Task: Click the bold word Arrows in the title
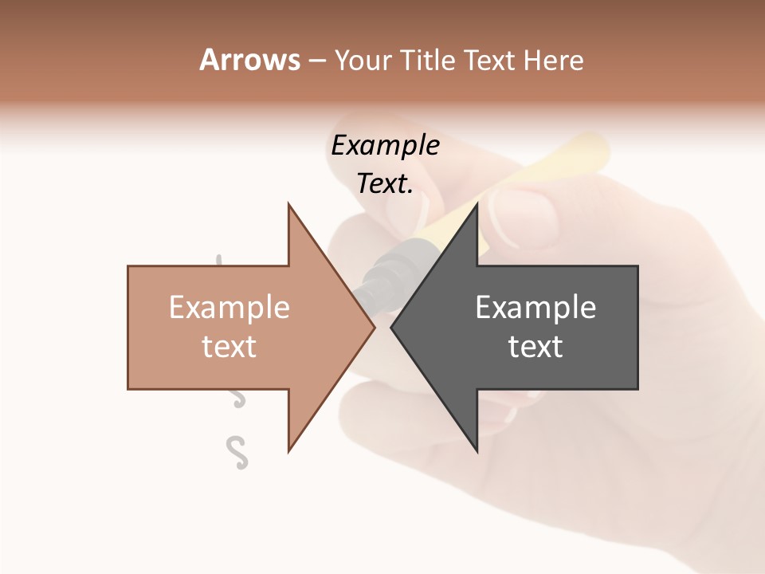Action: tap(249, 60)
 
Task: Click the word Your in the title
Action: tap(362, 61)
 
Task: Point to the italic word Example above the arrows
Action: tap(385, 146)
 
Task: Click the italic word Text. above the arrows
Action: tap(385, 184)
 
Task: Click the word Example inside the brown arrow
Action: tap(229, 308)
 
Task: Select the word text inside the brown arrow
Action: tap(229, 347)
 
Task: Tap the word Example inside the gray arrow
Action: tap(535, 308)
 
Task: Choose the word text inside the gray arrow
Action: tap(535, 347)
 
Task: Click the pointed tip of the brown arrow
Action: tap(373, 327)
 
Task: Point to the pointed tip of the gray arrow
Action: tap(392, 327)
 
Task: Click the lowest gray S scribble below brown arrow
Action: tap(237, 452)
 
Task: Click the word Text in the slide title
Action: tap(490, 61)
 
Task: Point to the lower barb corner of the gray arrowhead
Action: tap(477, 450)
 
